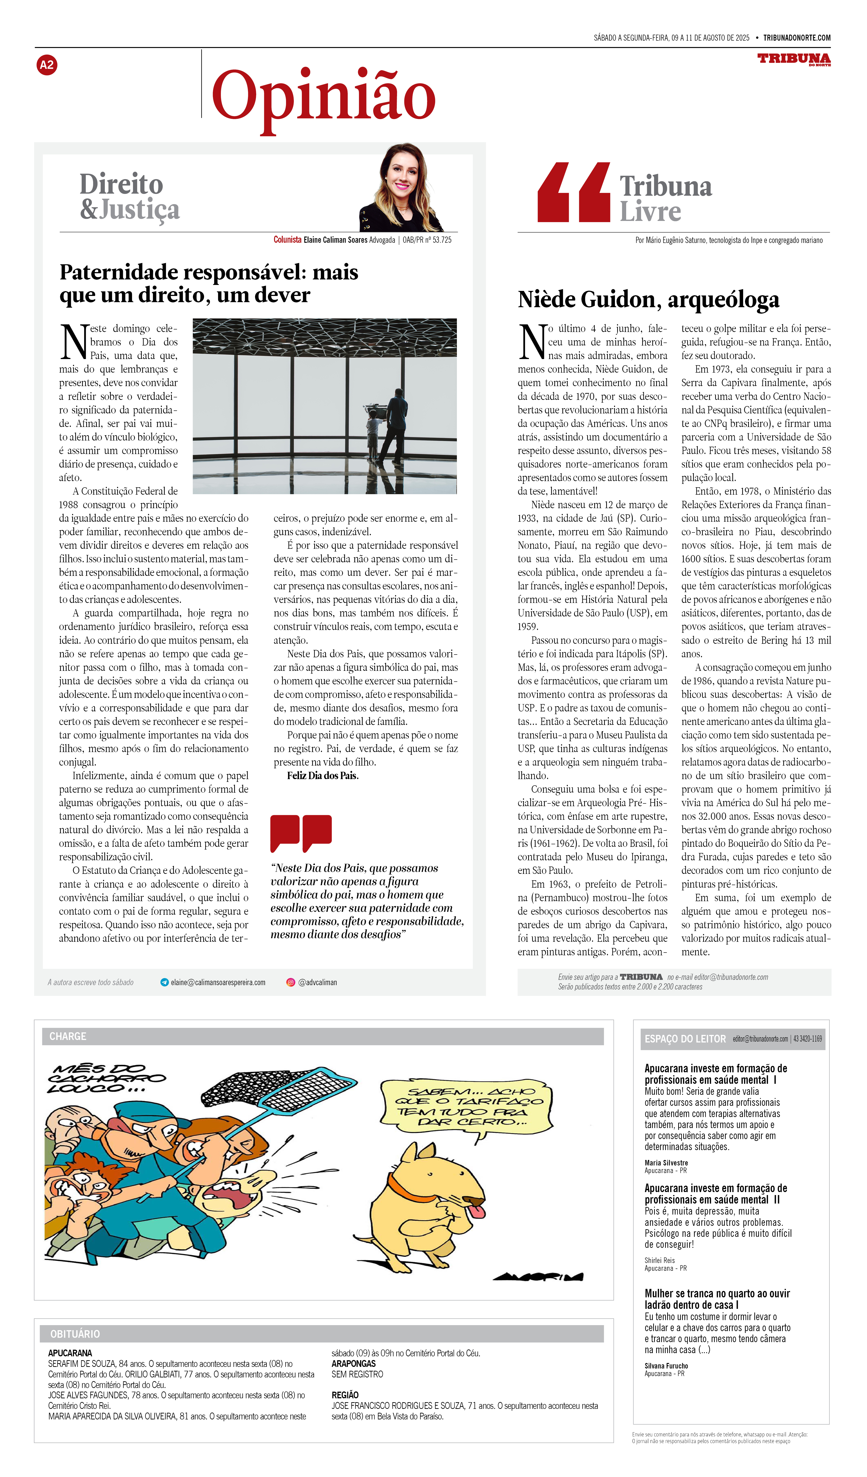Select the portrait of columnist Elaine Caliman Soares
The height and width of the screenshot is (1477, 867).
[x=401, y=189]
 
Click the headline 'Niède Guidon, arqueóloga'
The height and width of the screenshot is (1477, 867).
[x=648, y=299]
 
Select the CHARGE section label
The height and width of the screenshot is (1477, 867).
[x=68, y=1036]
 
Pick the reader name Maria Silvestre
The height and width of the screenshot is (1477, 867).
[x=666, y=1163]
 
